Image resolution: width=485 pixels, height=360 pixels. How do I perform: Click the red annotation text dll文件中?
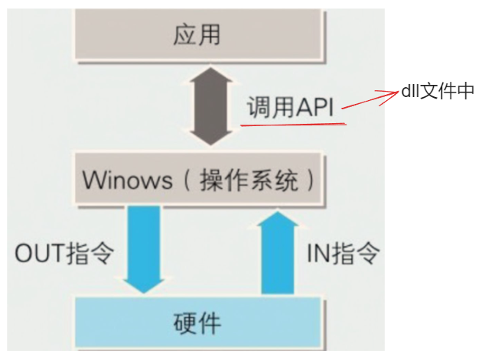[x=438, y=91]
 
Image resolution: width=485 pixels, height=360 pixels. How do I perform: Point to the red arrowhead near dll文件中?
[x=391, y=93]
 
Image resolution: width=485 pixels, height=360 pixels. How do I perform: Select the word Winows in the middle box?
[x=129, y=181]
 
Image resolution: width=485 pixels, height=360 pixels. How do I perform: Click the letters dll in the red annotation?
[x=411, y=91]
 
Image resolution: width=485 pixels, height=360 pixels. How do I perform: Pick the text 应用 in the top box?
[x=196, y=34]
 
